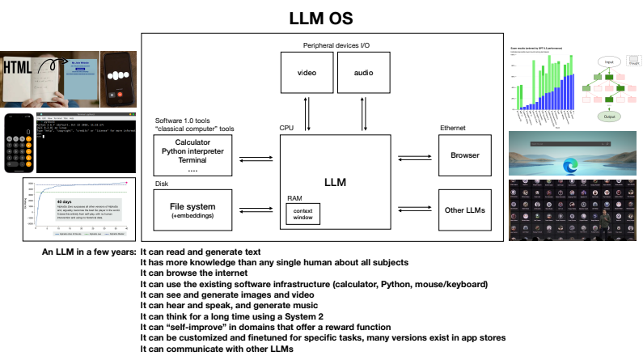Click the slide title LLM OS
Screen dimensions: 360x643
pos(321,17)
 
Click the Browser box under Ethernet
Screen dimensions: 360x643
pos(465,155)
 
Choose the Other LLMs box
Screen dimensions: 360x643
pos(465,210)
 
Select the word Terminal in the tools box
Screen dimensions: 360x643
pos(193,161)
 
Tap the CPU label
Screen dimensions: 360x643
pos(286,129)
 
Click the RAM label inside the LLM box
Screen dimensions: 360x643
pos(294,197)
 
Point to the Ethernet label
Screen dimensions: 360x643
pos(452,129)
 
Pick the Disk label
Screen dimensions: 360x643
pos(161,184)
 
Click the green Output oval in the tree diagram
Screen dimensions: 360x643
pos(609,116)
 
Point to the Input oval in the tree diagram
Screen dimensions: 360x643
pos(609,61)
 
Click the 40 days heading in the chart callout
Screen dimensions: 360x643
pos(66,201)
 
